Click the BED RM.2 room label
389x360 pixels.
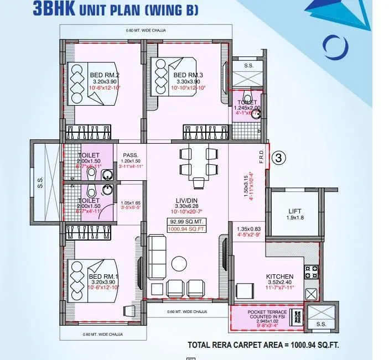(105, 76)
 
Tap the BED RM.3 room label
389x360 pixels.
(188, 75)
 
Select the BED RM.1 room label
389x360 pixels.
(104, 276)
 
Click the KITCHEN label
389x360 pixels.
(279, 276)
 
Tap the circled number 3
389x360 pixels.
(279, 158)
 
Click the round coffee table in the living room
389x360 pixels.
(178, 262)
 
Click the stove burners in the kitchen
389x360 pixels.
(311, 272)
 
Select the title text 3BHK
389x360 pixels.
(50, 9)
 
